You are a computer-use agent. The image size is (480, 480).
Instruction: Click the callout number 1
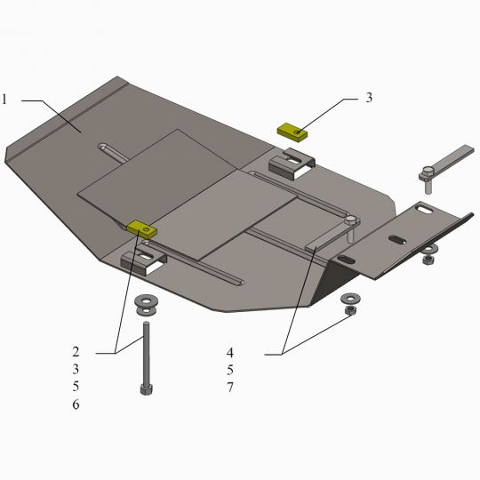[4, 100]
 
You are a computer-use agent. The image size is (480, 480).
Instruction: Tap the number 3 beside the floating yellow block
[369, 98]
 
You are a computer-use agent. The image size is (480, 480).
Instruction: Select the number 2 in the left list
[76, 352]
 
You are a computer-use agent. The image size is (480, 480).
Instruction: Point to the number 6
[76, 404]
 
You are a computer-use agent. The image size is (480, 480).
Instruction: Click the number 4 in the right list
[230, 353]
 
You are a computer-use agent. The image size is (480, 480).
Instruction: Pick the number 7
[230, 388]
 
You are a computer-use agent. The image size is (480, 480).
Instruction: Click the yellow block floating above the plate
[292, 132]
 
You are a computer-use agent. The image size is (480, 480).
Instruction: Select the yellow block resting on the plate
[142, 229]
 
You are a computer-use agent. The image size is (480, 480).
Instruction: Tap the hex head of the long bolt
[147, 389]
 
